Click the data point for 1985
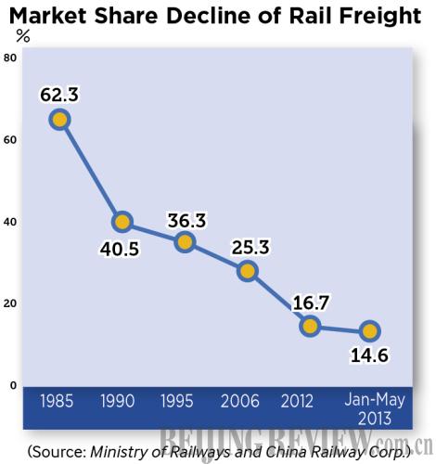pyautogui.click(x=60, y=119)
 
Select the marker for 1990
pyautogui.click(x=122, y=222)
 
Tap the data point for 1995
pyautogui.click(x=185, y=242)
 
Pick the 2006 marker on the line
pyautogui.click(x=247, y=270)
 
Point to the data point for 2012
pyautogui.click(x=310, y=325)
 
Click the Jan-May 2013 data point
pyautogui.click(x=370, y=330)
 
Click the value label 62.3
pyautogui.click(x=60, y=93)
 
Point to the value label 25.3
pyautogui.click(x=247, y=244)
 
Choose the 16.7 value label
pyautogui.click(x=310, y=299)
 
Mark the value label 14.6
pyautogui.click(x=370, y=357)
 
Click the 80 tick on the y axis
pyautogui.click(x=11, y=58)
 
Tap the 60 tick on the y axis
pyautogui.click(x=11, y=140)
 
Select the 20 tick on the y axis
pyautogui.click(x=11, y=303)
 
